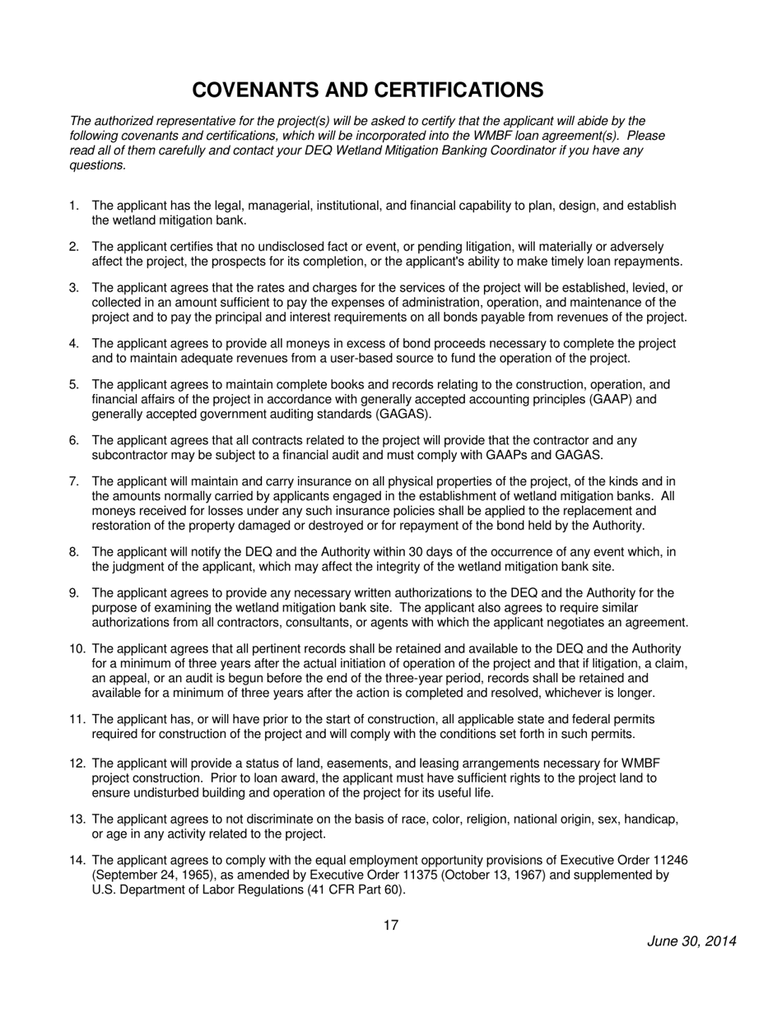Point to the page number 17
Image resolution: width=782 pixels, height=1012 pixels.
click(391, 925)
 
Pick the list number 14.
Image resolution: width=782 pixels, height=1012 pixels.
click(77, 860)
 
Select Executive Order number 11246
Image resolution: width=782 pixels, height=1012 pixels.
click(669, 860)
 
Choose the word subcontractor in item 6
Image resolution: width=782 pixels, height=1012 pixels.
click(129, 455)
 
